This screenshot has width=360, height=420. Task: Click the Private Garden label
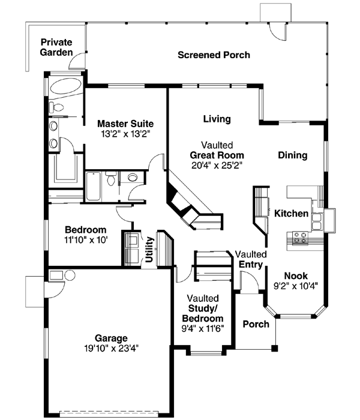click(x=56, y=47)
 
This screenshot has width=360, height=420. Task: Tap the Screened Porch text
click(x=214, y=55)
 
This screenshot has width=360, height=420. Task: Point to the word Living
click(x=217, y=119)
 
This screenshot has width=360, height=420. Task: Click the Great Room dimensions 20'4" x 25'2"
click(x=217, y=164)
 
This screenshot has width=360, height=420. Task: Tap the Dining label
click(x=292, y=155)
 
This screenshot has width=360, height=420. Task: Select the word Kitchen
click(x=292, y=214)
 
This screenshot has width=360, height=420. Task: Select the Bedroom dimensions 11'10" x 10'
click(x=85, y=239)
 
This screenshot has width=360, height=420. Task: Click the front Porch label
click(x=256, y=325)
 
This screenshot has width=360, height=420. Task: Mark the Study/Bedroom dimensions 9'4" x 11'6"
click(x=202, y=328)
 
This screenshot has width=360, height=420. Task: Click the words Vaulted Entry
click(x=250, y=259)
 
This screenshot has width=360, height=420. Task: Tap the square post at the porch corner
click(x=275, y=347)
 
